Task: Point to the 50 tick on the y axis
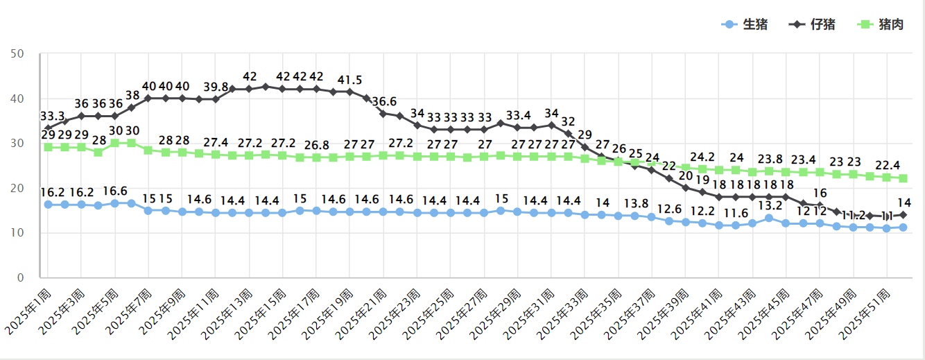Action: [18, 53]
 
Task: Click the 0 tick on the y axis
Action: [21, 277]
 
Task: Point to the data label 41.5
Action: [349, 80]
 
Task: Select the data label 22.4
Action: [888, 165]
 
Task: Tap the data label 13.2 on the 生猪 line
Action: [768, 205]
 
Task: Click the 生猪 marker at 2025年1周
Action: [48, 205]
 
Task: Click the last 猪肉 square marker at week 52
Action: [904, 178]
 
